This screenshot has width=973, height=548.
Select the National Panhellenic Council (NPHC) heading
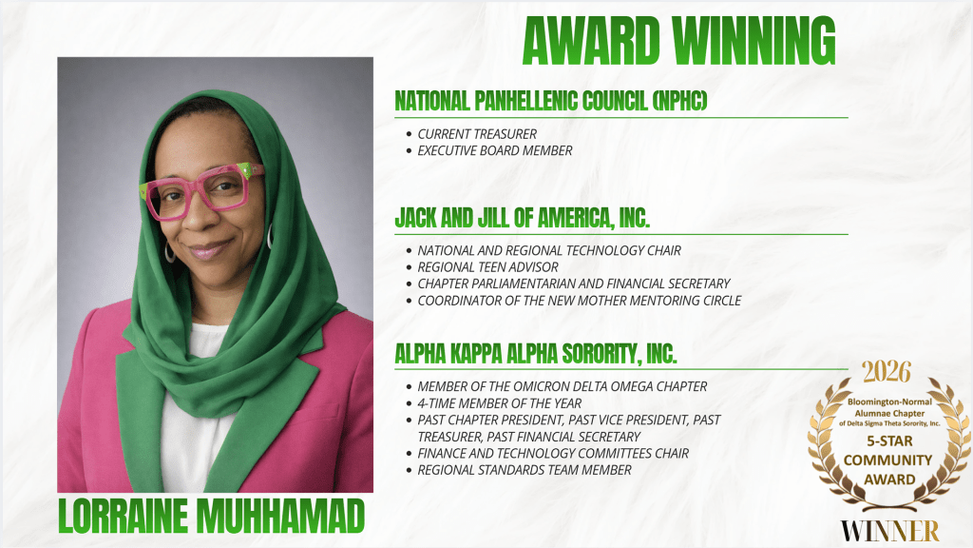[551, 101]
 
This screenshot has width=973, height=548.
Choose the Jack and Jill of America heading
[522, 217]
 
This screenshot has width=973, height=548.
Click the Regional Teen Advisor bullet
[487, 267]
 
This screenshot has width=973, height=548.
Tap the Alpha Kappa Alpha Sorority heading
[535, 353]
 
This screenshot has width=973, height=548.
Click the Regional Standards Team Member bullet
[524, 470]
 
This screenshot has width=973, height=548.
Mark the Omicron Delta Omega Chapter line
[562, 386]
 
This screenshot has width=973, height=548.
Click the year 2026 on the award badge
[886, 372]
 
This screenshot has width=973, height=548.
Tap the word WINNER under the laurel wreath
[888, 530]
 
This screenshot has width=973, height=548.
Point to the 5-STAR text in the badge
[888, 442]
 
